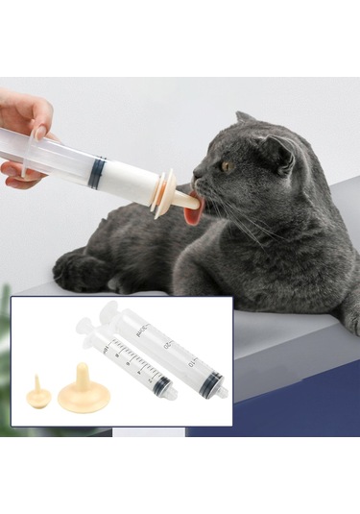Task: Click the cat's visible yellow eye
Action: point(228,165)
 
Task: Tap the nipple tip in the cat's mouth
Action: point(190,202)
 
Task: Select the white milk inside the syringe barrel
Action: point(126,182)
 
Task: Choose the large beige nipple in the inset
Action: point(84,391)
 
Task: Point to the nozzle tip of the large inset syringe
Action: point(223,392)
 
